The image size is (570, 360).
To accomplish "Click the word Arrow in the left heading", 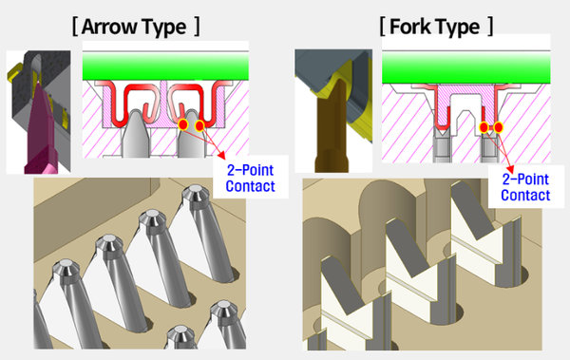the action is [x=107, y=27].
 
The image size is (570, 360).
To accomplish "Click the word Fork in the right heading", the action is [x=409, y=27].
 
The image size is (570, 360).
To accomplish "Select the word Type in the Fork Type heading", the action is [x=457, y=28].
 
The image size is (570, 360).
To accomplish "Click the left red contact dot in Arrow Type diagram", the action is [x=182, y=124].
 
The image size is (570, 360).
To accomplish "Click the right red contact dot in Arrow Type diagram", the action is [x=199, y=125].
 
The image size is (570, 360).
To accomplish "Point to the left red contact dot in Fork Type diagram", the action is [x=484, y=127].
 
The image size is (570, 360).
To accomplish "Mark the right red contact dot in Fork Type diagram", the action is [x=499, y=127].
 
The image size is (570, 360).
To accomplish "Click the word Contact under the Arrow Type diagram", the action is [x=250, y=186].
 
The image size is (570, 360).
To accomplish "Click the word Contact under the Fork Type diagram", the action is [x=525, y=196].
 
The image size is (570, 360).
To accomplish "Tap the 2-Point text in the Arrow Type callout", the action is [x=250, y=170].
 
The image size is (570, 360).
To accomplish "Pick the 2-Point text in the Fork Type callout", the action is [x=525, y=180].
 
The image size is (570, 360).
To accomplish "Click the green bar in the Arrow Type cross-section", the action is [x=165, y=66].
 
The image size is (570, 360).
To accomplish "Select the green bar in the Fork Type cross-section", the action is [x=466, y=67].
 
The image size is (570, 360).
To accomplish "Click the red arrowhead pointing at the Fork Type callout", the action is [x=510, y=169].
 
